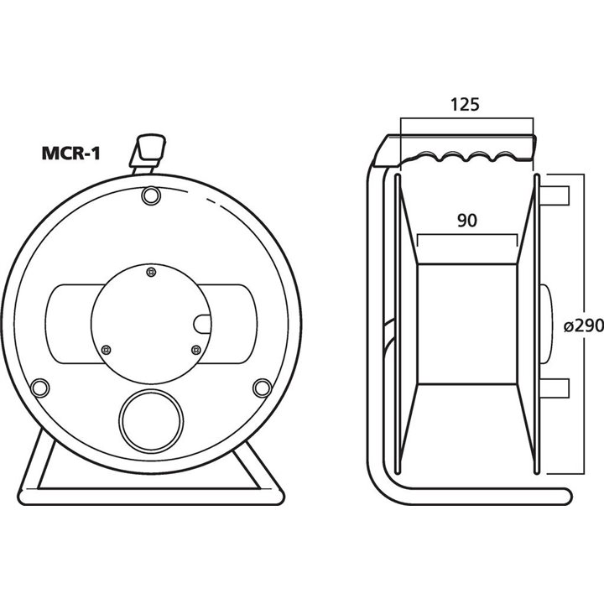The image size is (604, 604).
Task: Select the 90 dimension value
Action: coord(467,221)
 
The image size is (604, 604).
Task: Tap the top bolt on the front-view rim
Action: coord(151,195)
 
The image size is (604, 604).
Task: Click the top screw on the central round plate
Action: coord(151,271)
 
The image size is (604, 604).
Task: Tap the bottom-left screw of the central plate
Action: coord(106,349)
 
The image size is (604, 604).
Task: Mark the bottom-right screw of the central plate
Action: coord(195,349)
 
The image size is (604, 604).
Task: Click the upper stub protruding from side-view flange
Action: coord(557,194)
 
